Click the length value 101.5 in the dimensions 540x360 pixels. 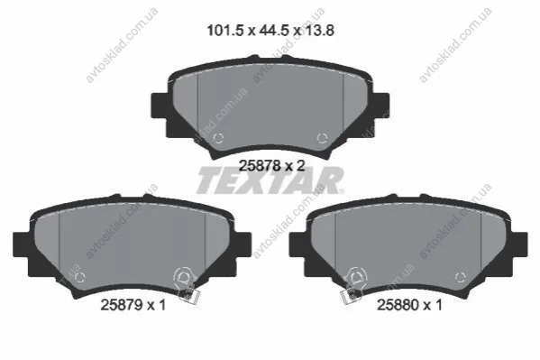click(x=224, y=31)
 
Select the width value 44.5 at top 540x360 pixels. click(x=274, y=31)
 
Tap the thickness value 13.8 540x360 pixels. click(x=320, y=31)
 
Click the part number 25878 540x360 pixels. click(x=260, y=166)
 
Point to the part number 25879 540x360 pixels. click(x=122, y=305)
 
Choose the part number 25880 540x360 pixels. click(x=398, y=305)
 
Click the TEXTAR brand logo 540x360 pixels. click(x=270, y=180)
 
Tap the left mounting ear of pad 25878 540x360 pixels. click(x=160, y=106)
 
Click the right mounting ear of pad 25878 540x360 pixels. click(x=381, y=106)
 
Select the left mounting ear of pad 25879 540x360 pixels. click(x=22, y=245)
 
